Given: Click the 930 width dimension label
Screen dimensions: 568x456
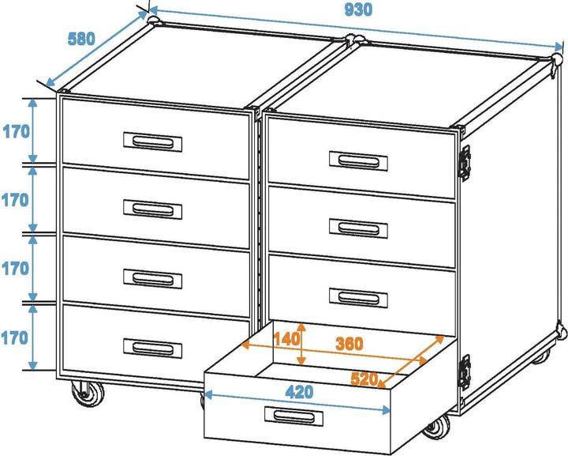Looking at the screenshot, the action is [x=358, y=9].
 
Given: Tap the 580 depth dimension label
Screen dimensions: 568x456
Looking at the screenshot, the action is [x=81, y=39].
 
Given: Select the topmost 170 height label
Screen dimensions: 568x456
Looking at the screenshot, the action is [x=17, y=132].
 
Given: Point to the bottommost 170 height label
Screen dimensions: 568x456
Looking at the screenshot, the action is [x=14, y=337].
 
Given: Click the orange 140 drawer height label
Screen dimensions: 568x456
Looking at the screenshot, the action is [x=287, y=339].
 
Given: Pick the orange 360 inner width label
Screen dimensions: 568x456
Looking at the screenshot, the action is [x=349, y=344].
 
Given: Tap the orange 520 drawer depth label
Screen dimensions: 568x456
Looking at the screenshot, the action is [x=364, y=379].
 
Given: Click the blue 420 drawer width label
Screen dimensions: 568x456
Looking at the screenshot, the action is [x=300, y=392].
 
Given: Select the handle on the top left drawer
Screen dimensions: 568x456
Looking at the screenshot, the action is [x=152, y=141].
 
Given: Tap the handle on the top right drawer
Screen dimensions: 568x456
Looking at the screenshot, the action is [x=359, y=161].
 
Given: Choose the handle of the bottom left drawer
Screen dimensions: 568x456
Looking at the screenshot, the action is [x=152, y=348].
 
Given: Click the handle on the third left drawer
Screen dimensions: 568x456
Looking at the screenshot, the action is [x=152, y=279].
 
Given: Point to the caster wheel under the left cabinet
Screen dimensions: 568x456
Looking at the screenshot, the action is [x=88, y=394].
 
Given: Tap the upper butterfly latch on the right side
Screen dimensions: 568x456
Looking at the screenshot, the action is [x=465, y=164].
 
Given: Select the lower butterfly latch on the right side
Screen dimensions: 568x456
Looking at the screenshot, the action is [x=465, y=372].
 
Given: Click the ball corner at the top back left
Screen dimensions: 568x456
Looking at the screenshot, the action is [x=153, y=19].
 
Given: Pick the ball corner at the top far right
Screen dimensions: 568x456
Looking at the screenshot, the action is [x=557, y=59].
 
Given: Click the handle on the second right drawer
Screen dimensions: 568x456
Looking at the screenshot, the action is [x=359, y=228].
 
